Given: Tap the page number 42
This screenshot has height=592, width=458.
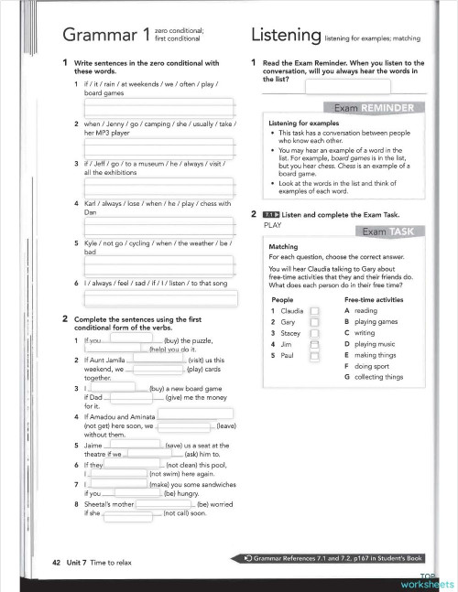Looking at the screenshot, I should click(44, 557).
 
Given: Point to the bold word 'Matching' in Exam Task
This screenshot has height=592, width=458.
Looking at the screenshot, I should click(283, 247).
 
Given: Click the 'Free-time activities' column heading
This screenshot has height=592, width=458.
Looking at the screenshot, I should click(374, 299).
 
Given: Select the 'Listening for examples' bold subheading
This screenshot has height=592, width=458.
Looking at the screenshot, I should click(300, 123).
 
